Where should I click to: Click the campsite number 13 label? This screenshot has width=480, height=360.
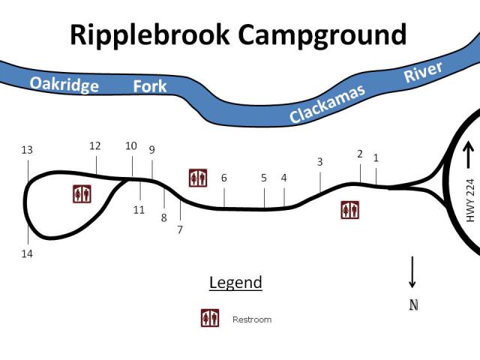27,150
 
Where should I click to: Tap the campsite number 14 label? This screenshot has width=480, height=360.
27,254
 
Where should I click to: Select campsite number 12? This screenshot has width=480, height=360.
94,146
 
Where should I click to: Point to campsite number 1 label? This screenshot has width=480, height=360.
376,158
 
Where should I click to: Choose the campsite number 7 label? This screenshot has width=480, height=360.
180,229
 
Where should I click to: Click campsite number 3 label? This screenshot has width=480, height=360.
319,162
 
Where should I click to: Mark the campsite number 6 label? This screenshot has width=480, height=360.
223,178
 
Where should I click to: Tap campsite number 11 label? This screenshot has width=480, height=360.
139,210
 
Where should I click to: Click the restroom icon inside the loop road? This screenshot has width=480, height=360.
82,193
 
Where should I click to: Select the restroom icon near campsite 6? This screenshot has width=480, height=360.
198,178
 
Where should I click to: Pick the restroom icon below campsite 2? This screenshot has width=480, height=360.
349,210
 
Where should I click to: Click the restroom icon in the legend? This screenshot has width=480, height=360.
210,319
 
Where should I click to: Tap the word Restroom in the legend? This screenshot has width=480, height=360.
252,319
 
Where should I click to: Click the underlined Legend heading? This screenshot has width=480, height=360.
235,283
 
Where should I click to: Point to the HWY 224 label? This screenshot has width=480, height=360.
471,199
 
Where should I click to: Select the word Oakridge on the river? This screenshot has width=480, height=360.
64,83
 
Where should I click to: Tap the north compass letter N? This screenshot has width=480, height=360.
412,305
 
